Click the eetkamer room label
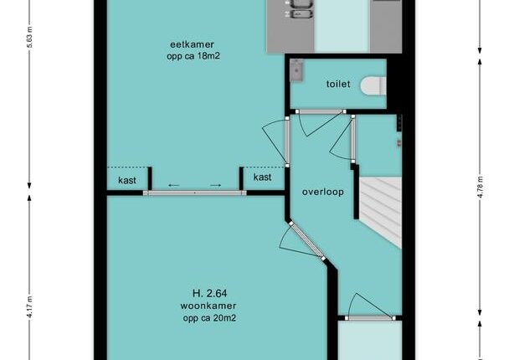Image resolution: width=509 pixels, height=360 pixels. coord(192,44)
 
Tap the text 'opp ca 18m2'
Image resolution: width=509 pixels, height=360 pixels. coord(193,56)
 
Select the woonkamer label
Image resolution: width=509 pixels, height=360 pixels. coord(208,306)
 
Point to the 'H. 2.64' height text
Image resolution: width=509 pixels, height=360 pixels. coord(209,294)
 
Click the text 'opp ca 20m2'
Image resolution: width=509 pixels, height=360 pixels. coord(209,318)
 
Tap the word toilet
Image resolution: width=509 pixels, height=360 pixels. coord(338,84)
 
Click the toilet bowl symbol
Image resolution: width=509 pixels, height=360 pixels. coord(373,86)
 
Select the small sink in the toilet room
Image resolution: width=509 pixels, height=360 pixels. coord(296,69)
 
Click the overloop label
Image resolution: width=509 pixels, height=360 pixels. coord(323,192)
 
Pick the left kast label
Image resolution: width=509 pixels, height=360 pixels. coord(127,180)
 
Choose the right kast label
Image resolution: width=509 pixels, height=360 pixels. coord(262,177)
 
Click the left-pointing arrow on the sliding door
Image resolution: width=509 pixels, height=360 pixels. coord(174,185)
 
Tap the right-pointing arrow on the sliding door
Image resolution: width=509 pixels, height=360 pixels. coord(216,185)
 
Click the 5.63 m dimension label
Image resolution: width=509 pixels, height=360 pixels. coord(29,37)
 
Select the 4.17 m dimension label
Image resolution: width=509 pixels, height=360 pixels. coord(29,306)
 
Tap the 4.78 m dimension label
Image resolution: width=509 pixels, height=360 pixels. coord(481,187)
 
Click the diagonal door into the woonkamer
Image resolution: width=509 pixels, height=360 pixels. coord(307,241)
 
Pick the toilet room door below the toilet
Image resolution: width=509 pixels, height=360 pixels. coord(321,111)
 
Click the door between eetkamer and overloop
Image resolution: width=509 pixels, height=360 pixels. coord(287,141)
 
